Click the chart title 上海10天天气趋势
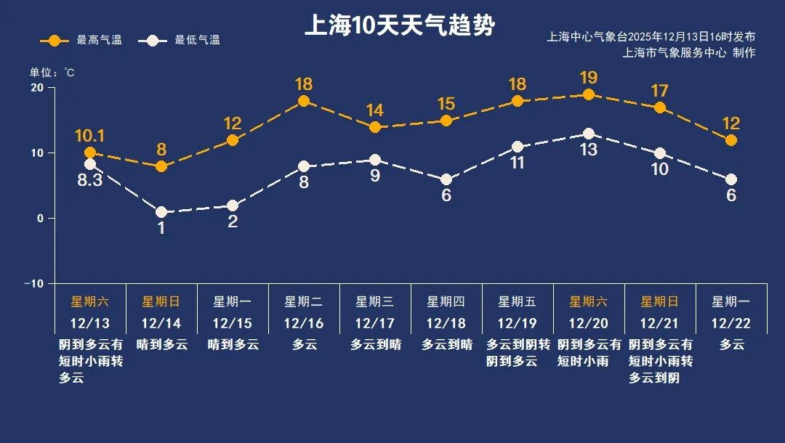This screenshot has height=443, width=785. [399, 27]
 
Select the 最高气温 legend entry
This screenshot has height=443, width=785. [81, 40]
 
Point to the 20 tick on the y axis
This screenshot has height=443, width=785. [36, 88]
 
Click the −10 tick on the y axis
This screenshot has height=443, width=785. [33, 283]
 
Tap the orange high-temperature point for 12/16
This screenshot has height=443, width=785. [304, 101]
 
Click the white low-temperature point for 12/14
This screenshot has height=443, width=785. [161, 212]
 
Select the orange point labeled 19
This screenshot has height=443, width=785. [589, 94]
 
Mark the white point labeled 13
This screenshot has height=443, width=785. [589, 134]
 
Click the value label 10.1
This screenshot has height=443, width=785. [90, 136]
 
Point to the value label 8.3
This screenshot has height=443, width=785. [90, 179]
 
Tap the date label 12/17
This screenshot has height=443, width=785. [375, 323]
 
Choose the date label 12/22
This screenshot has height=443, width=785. [731, 323]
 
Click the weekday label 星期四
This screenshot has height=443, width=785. [446, 301]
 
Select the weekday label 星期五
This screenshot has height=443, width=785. [517, 301]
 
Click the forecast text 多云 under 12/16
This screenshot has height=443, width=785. [304, 345]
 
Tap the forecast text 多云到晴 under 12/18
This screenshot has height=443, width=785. [446, 345]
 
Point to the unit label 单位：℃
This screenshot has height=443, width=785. [52, 73]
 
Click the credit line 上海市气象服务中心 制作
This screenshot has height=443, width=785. [689, 53]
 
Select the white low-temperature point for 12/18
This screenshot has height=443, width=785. [446, 179]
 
